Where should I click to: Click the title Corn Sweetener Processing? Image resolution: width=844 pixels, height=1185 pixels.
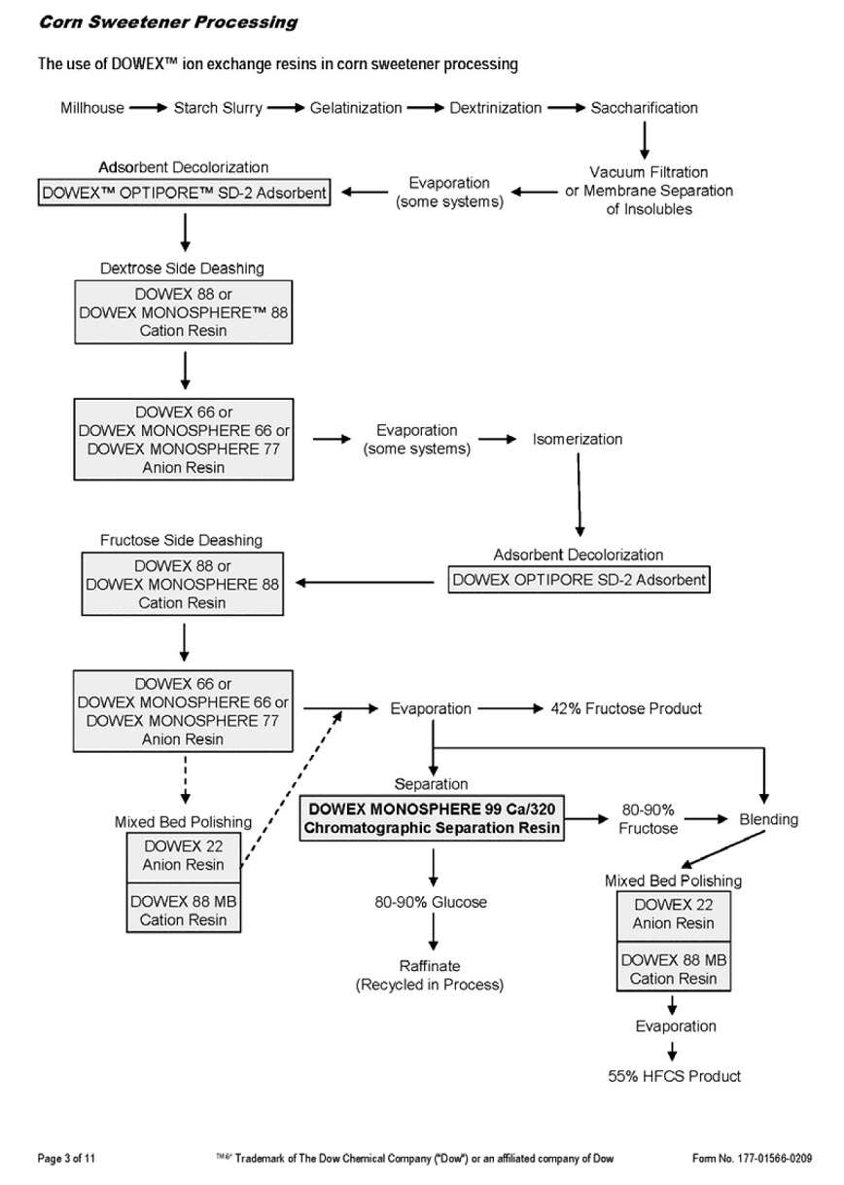coord(168,21)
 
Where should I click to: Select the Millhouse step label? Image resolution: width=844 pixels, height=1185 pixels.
coord(92,108)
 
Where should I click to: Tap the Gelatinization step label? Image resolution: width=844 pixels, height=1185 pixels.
coord(356,108)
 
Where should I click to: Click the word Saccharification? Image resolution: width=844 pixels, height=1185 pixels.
coord(644,108)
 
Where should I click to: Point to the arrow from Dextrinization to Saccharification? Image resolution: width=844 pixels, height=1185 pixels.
coord(566,108)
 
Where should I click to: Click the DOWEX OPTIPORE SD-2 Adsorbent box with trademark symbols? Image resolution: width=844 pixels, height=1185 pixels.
coord(185,193)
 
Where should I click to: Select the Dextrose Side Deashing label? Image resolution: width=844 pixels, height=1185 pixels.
coord(182,268)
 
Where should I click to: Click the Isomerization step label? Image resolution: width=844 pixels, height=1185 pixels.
coord(578,439)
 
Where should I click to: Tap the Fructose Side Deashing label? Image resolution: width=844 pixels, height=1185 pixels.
coord(181,540)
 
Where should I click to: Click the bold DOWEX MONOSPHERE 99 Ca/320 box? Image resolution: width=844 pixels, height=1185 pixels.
coord(434,818)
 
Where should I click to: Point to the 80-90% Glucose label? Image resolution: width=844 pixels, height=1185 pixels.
coord(431,902)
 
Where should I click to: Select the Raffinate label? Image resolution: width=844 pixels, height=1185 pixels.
coord(430,966)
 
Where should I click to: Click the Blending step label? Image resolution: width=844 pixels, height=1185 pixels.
coord(768,819)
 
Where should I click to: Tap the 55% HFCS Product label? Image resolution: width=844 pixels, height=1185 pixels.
coord(674,1075)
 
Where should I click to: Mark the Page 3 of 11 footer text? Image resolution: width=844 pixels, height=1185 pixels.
coord(67,1158)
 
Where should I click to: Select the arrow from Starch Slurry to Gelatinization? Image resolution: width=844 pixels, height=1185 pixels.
coord(285,108)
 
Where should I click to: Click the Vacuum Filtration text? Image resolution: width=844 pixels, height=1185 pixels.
coord(649,172)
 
